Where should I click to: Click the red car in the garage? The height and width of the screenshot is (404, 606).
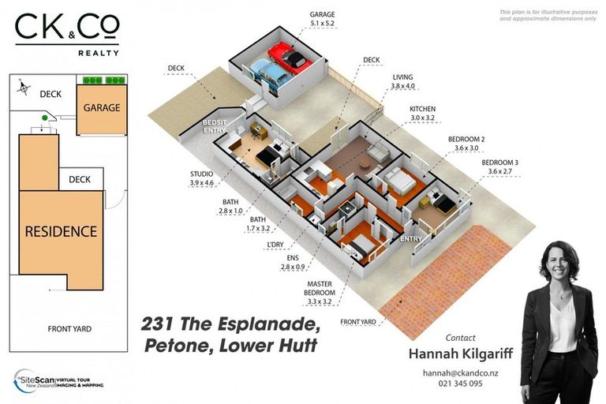290,58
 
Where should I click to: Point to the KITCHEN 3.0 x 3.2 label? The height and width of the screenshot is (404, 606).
422,113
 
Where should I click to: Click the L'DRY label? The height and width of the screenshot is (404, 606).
277,244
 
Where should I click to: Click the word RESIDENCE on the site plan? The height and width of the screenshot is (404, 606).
61,231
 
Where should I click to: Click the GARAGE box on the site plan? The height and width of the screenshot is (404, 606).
102,107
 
